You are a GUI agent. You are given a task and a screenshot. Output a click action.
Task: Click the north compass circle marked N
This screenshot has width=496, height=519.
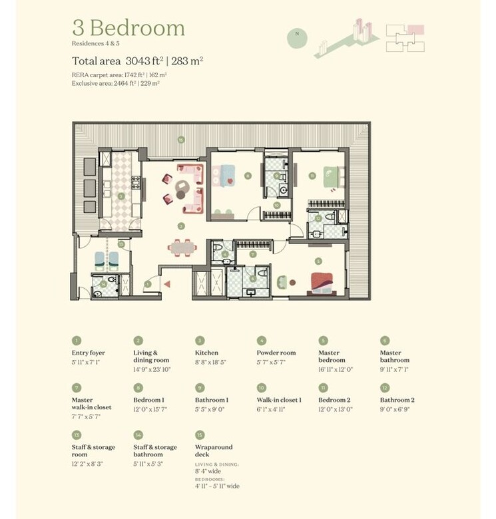[297, 38]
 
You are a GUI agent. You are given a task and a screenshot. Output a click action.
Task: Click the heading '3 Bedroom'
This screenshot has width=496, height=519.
[128, 28]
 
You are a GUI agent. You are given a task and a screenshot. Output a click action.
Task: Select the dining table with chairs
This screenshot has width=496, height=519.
[182, 248]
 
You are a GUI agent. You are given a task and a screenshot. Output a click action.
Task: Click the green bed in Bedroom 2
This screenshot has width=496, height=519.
[332, 177]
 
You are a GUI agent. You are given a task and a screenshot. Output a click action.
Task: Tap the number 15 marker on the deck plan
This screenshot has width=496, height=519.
[180, 140]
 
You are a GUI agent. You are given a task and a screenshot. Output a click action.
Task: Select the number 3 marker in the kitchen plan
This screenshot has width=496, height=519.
[121, 196]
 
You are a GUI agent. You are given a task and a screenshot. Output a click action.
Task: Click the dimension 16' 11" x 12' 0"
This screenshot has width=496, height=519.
[340, 368]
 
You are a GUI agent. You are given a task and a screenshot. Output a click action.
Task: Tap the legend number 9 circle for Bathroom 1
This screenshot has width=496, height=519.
[199, 387]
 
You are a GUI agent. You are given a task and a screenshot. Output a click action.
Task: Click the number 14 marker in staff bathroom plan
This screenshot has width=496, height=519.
[104, 285]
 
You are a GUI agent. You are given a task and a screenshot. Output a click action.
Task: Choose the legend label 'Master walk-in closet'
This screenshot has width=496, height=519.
[92, 404]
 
